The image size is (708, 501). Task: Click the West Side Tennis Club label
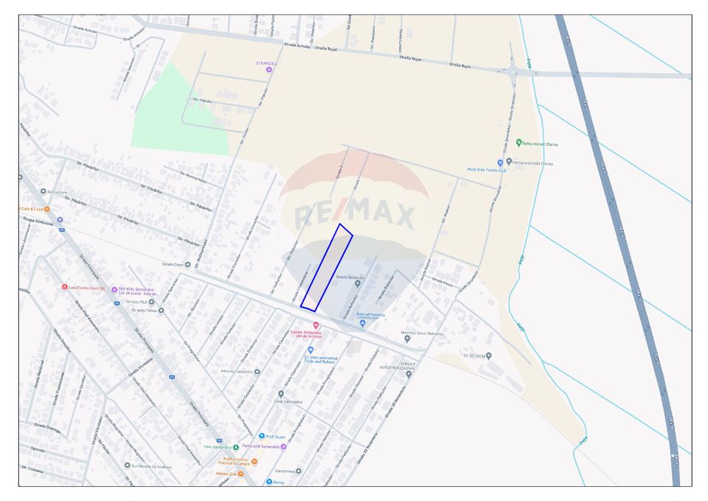tap(487, 170)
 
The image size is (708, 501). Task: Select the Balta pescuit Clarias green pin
tap(519, 142)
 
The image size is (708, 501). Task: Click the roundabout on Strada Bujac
tap(511, 72)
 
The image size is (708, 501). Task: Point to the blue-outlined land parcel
tap(326, 267)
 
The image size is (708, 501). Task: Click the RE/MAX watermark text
tap(355, 215)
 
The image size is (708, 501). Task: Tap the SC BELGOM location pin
tap(489, 356)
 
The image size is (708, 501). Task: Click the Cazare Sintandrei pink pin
tap(316, 325)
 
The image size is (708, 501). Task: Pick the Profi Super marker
tap(261, 436)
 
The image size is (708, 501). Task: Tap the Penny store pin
tap(269, 482)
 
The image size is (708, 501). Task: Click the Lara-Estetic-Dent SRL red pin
tap(65, 288)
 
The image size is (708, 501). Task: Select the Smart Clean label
tap(172, 264)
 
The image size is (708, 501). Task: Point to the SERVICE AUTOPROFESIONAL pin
tap(409, 374)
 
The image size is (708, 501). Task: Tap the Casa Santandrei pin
tap(280, 394)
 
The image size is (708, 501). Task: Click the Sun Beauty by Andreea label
tap(151, 466)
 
